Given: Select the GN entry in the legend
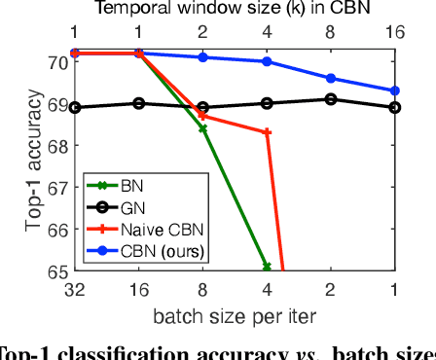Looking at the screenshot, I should pos(127,206).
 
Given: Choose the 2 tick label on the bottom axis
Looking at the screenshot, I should pos(331,289).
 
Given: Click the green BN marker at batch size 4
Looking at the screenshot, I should pos(267,267).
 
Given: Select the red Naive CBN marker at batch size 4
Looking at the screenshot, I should pos(267,131).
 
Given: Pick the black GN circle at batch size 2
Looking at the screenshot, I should pos(331,98).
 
